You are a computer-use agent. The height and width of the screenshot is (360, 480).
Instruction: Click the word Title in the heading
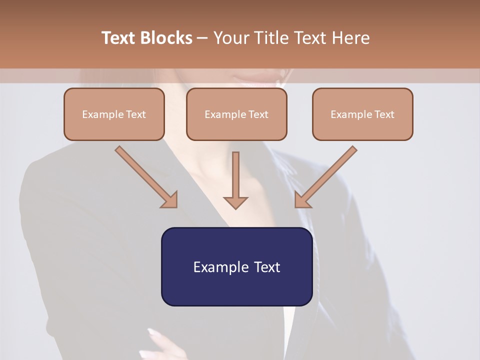[x=272, y=38]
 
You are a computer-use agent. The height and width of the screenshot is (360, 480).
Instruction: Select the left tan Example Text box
[x=114, y=114]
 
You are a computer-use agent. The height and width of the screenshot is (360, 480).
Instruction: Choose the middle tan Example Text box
[x=236, y=114]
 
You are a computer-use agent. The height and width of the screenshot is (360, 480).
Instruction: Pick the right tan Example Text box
[x=362, y=114]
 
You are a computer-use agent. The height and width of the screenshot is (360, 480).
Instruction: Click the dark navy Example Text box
[x=236, y=266]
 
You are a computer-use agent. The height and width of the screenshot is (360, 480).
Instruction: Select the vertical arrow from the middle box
[x=235, y=177]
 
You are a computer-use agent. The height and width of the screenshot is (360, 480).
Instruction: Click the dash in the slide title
[x=202, y=38]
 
